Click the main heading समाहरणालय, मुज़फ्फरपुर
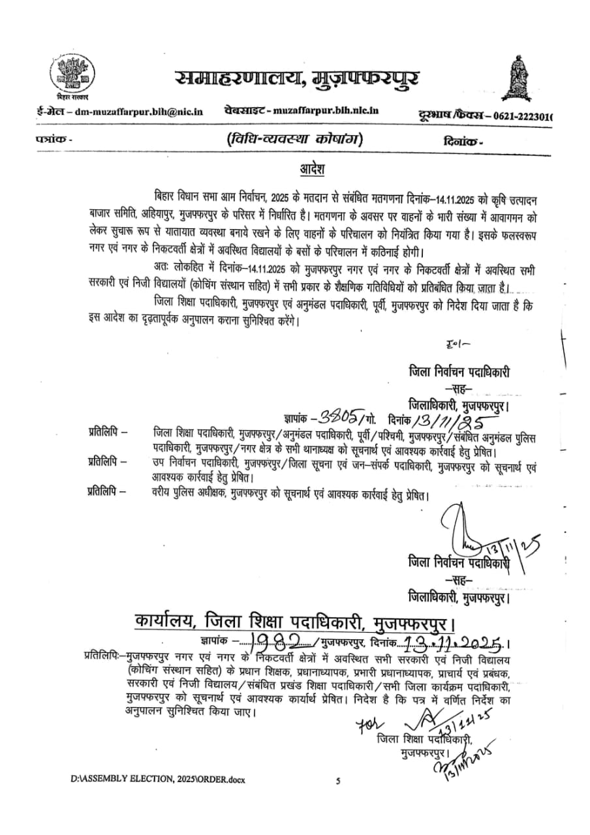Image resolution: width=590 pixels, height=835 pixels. coord(297,80)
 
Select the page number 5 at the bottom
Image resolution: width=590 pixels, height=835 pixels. coord(337,780)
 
